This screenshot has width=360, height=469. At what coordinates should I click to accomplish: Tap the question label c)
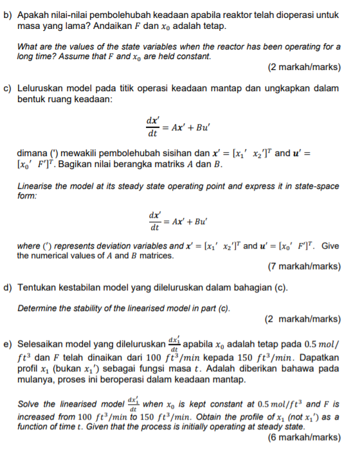8,88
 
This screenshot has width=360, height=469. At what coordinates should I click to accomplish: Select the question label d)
8,287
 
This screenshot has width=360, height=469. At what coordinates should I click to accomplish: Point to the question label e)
8,344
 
